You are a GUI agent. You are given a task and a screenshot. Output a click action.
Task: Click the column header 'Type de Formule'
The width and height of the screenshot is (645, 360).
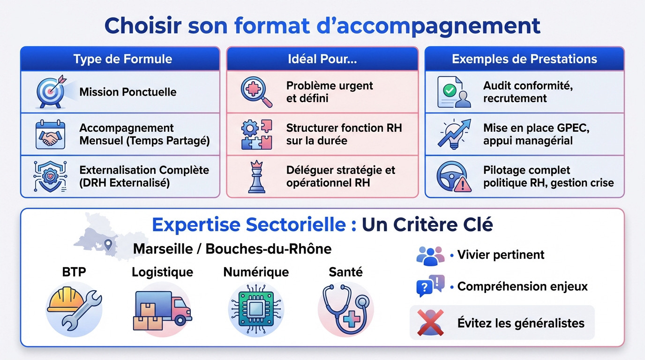coord(122,59)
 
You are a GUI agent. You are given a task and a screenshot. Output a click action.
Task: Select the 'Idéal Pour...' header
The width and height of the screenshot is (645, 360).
coord(322,59)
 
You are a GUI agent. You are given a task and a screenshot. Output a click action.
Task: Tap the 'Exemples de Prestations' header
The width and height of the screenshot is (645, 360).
coord(524,59)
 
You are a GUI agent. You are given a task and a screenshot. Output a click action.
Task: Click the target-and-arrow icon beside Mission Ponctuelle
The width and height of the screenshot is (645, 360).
coord(51,91)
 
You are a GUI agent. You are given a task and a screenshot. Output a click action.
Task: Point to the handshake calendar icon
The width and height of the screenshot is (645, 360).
coord(50,135)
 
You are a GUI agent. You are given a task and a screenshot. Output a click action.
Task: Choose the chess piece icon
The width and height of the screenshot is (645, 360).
coord(256,177)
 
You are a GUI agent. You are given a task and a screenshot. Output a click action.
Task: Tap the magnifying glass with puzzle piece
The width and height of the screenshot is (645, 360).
coord(256,91)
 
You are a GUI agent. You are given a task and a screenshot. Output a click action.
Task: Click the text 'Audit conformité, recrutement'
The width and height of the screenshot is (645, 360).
coord(528,92)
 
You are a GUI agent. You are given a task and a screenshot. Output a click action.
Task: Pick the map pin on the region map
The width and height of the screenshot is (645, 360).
coord(109,244)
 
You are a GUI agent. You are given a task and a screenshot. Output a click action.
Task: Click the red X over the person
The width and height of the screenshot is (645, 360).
coord(431,323)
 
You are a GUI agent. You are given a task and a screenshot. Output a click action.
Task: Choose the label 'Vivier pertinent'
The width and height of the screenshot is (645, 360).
coord(501,255)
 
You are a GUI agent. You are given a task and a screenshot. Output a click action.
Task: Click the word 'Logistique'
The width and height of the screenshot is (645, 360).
coord(162,272)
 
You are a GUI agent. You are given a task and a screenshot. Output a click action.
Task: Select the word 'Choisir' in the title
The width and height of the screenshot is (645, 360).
coord(143,26)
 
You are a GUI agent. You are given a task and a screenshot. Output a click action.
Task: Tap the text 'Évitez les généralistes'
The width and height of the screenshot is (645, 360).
coord(521,323)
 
